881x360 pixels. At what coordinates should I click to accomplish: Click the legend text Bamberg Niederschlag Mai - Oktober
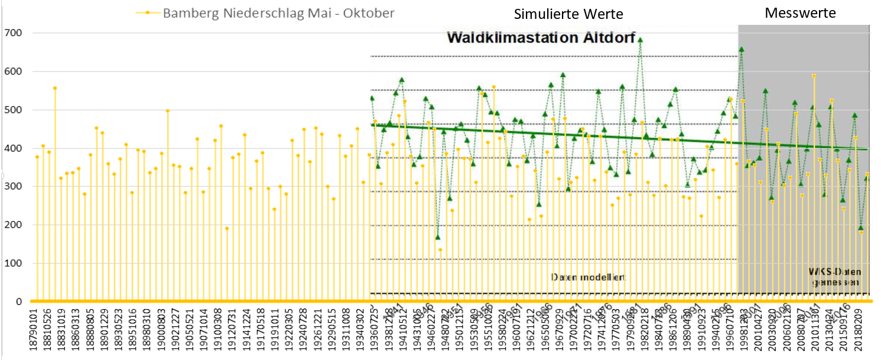pos(279,13)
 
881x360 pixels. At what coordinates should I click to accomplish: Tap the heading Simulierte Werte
pos(568,14)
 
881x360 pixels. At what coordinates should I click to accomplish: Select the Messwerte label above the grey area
pos(801,13)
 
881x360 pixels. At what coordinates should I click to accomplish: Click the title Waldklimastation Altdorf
pos(541,38)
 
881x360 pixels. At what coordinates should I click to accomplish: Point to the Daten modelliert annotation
pos(588,277)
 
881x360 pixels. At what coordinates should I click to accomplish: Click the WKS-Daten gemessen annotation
pos(835,277)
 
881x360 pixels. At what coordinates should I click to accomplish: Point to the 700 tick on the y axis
pos(12,33)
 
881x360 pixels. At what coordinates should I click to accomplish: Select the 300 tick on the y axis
pos(12,187)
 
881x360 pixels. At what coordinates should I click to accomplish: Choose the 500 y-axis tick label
pos(12,110)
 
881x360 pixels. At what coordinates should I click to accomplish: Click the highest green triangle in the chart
pos(640,40)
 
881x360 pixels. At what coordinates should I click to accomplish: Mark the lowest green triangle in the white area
pos(438,237)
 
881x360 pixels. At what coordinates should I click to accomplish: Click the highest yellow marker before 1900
pos(55,88)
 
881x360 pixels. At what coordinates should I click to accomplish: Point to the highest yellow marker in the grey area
pos(814,76)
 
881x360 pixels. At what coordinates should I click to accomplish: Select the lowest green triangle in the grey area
pos(861,228)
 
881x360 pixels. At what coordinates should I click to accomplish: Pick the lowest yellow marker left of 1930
pos(226,228)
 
